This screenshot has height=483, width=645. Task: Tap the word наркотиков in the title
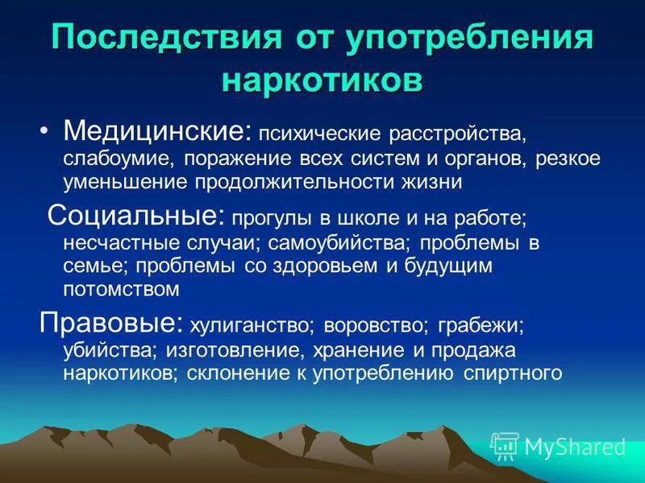coord(322,80)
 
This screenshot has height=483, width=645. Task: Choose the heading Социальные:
coord(136,215)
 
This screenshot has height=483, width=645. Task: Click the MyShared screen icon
coord(504,447)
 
